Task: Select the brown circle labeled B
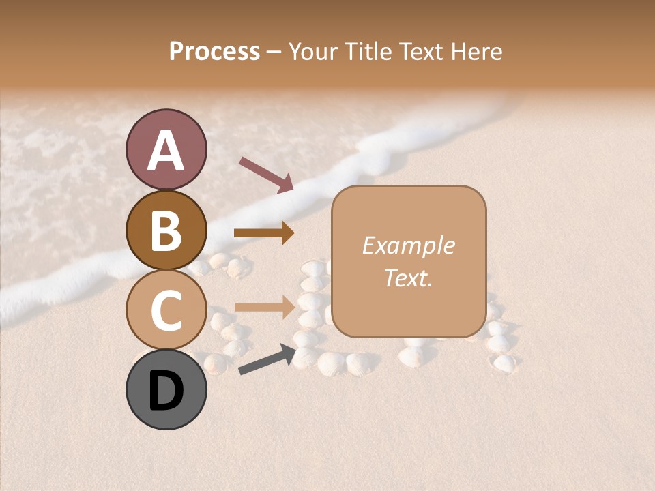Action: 166,230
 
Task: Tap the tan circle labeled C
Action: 166,310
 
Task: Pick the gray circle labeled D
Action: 166,389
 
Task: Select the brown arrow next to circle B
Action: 264,233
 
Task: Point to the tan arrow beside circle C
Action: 264,307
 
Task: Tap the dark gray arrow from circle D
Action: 266,360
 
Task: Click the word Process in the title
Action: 214,51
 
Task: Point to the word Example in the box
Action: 408,245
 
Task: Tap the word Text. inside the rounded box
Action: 408,278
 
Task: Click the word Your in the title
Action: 315,51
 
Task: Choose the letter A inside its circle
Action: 166,151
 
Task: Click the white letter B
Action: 166,230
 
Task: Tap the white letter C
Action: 166,310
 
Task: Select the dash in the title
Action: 274,52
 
